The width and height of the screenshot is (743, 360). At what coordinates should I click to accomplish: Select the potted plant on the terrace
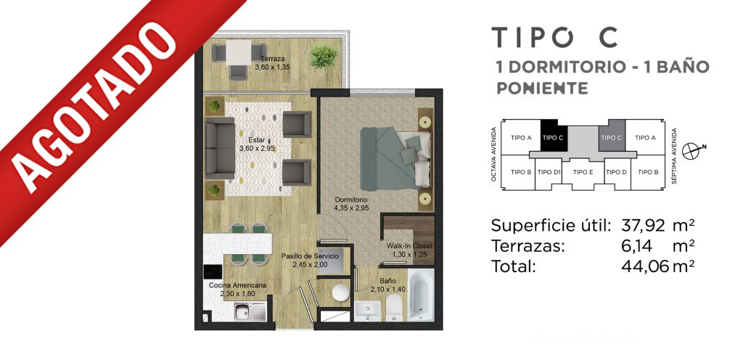(x=324, y=57)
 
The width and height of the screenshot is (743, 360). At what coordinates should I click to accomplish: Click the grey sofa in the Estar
(x=220, y=147)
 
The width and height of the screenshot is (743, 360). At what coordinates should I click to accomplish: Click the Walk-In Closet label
(x=409, y=246)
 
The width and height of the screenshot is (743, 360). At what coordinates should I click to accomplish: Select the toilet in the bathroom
(x=394, y=308)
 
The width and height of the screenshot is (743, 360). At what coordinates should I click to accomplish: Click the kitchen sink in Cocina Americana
(x=250, y=311)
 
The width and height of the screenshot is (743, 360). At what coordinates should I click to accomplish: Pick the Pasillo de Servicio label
(x=310, y=255)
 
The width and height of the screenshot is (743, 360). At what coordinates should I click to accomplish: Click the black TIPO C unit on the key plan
(x=553, y=138)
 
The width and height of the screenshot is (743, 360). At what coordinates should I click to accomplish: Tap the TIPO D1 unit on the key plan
(x=549, y=173)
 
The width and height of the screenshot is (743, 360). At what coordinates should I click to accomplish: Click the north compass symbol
(x=693, y=150)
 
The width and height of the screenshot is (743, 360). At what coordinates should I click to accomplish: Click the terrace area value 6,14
(x=636, y=246)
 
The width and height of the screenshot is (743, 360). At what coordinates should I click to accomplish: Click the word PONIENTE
(x=542, y=88)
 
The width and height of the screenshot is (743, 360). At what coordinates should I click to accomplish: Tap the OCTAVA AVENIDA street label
(x=494, y=155)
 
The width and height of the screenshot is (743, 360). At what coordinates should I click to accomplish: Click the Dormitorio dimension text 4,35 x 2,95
(x=350, y=207)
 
